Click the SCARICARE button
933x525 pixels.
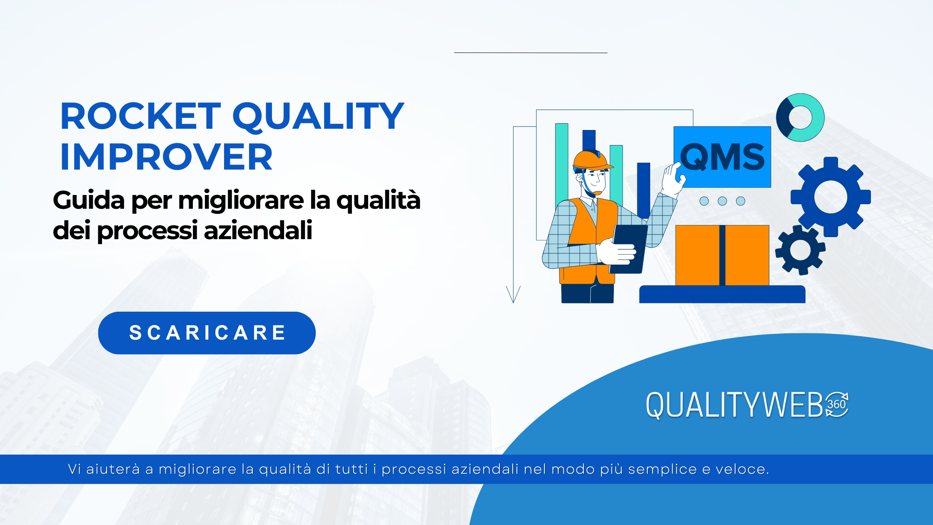tap(207, 333)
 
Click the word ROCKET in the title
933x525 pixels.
tap(140, 117)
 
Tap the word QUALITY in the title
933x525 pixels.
tap(318, 117)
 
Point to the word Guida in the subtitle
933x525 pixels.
tap(89, 200)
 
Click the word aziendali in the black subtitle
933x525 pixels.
tap(258, 230)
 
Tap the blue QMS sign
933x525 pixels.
tap(722, 157)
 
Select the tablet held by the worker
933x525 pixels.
tap(629, 248)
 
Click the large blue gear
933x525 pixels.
tap(831, 197)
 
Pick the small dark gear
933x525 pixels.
tap(800, 250)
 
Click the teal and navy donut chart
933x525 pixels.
tap(800, 117)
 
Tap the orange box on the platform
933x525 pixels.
tap(722, 255)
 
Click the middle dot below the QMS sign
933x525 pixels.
tap(722, 201)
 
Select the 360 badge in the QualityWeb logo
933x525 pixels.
tap(837, 405)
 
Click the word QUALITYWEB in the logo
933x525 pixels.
tap(735, 405)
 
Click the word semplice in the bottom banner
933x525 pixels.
tap(662, 470)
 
